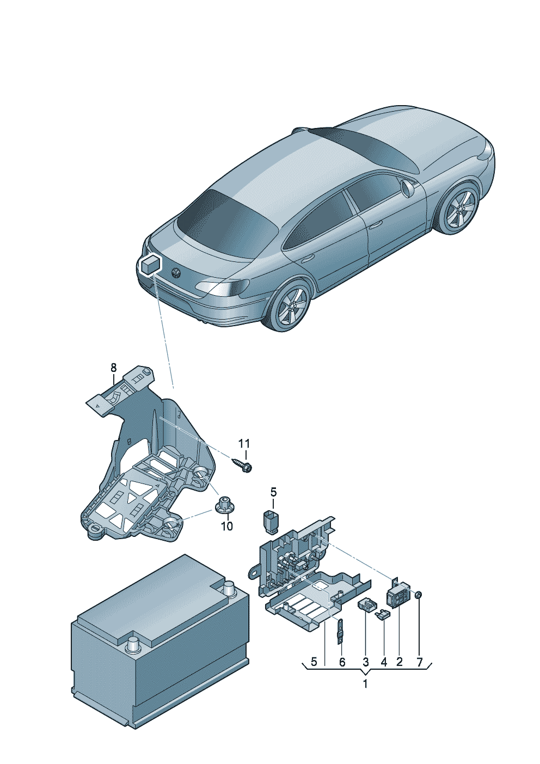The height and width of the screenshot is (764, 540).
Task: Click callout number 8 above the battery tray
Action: (113, 368)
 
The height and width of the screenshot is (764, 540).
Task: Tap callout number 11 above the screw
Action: (244, 444)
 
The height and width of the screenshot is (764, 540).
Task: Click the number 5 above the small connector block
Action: (273, 492)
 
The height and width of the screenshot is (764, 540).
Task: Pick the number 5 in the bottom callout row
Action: (314, 662)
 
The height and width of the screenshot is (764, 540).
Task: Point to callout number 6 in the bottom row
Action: (342, 662)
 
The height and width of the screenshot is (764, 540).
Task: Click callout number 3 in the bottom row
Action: (365, 662)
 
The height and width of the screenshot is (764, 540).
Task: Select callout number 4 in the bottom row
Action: (384, 662)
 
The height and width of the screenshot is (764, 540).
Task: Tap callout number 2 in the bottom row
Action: (399, 662)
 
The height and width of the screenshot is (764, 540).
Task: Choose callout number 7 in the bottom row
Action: (420, 662)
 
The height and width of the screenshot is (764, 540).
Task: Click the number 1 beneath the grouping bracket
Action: (365, 684)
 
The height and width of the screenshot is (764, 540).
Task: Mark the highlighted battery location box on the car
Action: (150, 265)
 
